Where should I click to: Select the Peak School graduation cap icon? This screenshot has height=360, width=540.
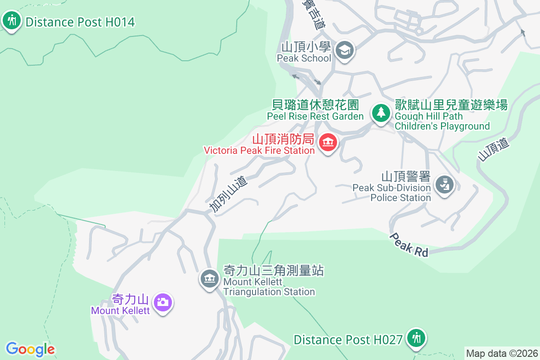[x=345, y=49]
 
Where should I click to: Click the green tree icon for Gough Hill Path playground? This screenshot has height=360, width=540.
[x=381, y=112]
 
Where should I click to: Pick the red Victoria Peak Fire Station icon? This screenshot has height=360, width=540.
[x=328, y=143]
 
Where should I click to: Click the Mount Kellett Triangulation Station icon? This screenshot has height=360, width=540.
[x=209, y=279]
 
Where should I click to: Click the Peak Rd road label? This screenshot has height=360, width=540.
[x=409, y=245]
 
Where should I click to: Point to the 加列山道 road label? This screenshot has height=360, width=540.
[x=229, y=194]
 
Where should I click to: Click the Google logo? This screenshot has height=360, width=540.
[x=30, y=349]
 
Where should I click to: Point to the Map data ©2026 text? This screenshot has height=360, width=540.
[x=502, y=353]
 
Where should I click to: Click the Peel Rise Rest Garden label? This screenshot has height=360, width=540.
[x=315, y=116]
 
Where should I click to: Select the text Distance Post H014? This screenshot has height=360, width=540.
[x=80, y=22]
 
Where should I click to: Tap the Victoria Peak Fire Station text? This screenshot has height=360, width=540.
[x=259, y=150]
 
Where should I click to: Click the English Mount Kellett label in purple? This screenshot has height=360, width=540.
[x=120, y=310]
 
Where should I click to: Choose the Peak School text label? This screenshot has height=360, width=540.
[x=304, y=58]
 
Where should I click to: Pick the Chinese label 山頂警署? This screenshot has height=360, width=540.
[x=406, y=176]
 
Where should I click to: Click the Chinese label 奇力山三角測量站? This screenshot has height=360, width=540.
[x=274, y=270]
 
